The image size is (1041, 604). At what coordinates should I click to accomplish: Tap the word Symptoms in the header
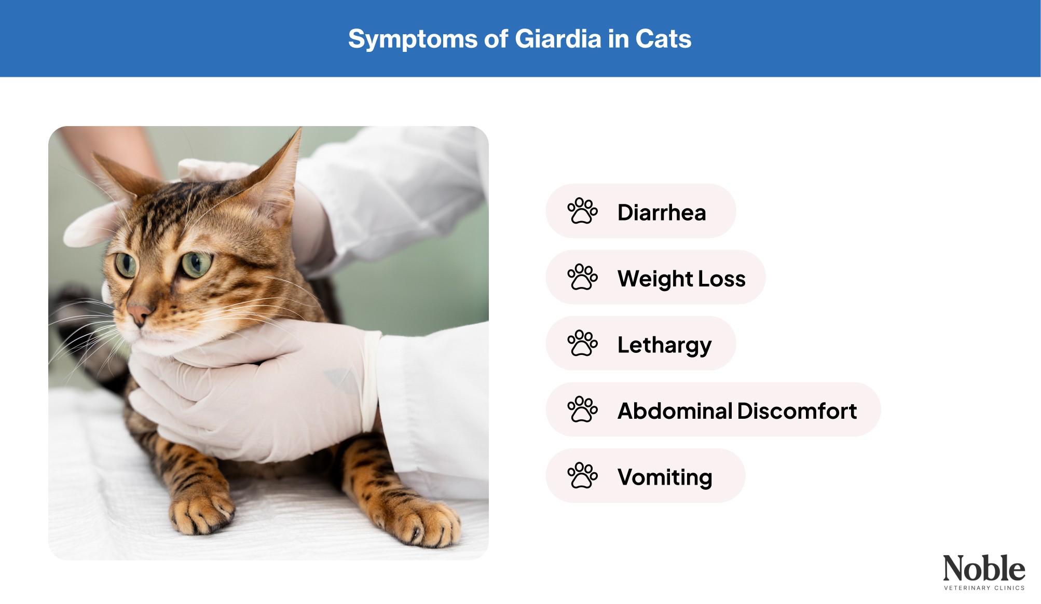413,39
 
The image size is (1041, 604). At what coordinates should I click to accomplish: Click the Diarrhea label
662,212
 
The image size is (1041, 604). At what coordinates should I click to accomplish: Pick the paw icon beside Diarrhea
582,211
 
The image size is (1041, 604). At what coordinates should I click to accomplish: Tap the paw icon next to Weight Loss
582,277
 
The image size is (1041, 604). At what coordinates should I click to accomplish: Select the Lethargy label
664,345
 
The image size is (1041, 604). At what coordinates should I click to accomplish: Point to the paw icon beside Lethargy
582,343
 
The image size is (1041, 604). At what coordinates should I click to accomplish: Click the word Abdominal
674,411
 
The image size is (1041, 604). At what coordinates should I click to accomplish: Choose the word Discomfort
797,411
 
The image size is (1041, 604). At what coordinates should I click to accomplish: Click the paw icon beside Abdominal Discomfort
582,409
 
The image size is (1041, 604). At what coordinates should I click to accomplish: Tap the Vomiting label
665,477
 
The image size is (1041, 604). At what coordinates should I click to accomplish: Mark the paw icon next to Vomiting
582,475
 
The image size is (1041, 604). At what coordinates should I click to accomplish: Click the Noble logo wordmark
983,568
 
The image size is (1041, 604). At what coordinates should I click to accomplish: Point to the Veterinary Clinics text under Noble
984,588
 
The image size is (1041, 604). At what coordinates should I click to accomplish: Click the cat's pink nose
139,313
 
